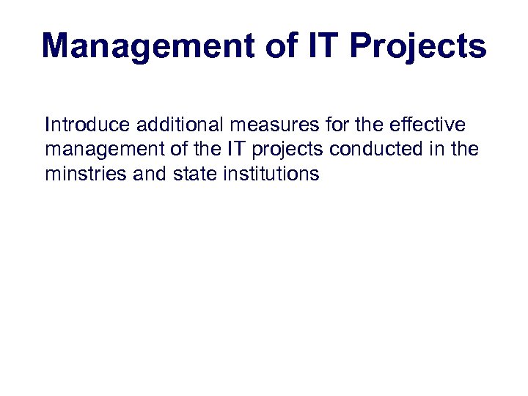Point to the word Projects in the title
tap(418, 47)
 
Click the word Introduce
tap(87, 125)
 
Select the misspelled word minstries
tap(84, 175)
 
